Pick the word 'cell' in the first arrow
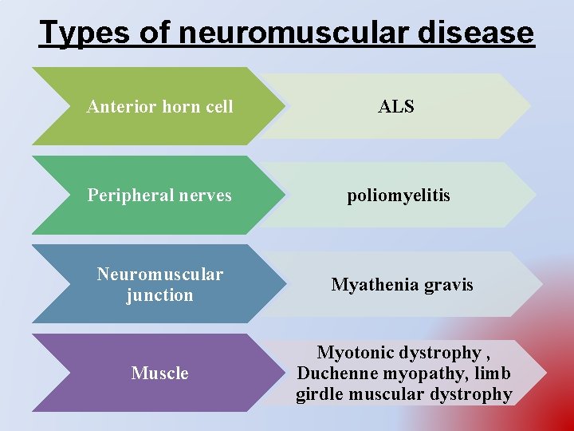(x=218, y=107)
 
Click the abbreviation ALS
(x=396, y=107)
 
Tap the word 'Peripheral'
(x=128, y=196)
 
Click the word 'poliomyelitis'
(x=399, y=196)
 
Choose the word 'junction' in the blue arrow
(x=159, y=295)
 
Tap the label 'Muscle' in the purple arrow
(x=159, y=373)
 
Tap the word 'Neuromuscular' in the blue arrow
(x=159, y=275)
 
